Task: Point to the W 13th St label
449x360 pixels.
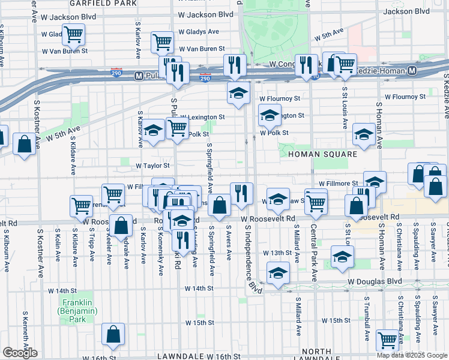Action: coord(277,253)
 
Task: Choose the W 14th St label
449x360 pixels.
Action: coord(199,289)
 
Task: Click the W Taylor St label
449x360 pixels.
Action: coord(152,166)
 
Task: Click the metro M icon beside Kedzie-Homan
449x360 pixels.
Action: coord(412,71)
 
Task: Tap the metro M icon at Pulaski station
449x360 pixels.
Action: coord(139,76)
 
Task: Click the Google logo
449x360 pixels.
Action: coord(20,353)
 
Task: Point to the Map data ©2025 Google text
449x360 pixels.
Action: coord(412,355)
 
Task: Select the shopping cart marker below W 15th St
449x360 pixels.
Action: coord(388,340)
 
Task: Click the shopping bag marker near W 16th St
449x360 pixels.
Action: coord(113,334)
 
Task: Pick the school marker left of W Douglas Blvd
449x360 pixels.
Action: coord(277,273)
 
